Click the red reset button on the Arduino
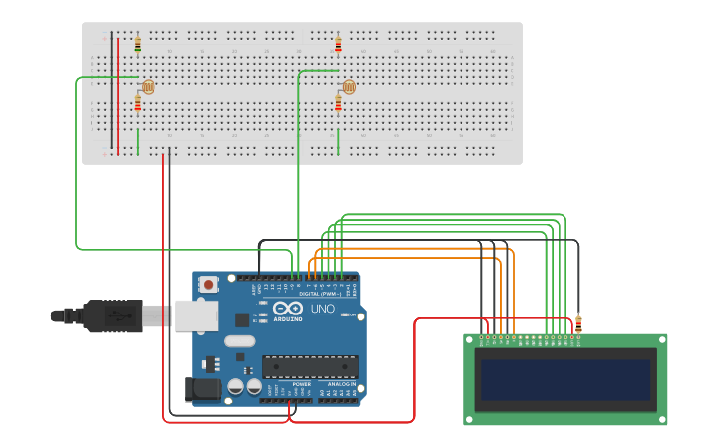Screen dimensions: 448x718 click(x=209, y=284)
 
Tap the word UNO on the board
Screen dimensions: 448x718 click(x=323, y=310)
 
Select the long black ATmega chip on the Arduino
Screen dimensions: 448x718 click(x=309, y=366)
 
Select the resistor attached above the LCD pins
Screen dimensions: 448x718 click(x=578, y=323)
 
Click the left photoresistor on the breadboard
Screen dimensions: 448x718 click(x=148, y=87)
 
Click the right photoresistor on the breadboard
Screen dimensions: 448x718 click(x=348, y=87)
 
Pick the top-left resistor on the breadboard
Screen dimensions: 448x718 click(x=137, y=45)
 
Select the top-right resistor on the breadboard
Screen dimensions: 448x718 click(x=338, y=45)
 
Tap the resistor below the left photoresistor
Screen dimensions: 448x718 click(x=137, y=104)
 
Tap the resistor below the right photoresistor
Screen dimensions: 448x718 click(x=338, y=104)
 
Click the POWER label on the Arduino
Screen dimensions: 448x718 click(x=288, y=384)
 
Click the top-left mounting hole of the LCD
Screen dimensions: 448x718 click(x=471, y=340)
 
